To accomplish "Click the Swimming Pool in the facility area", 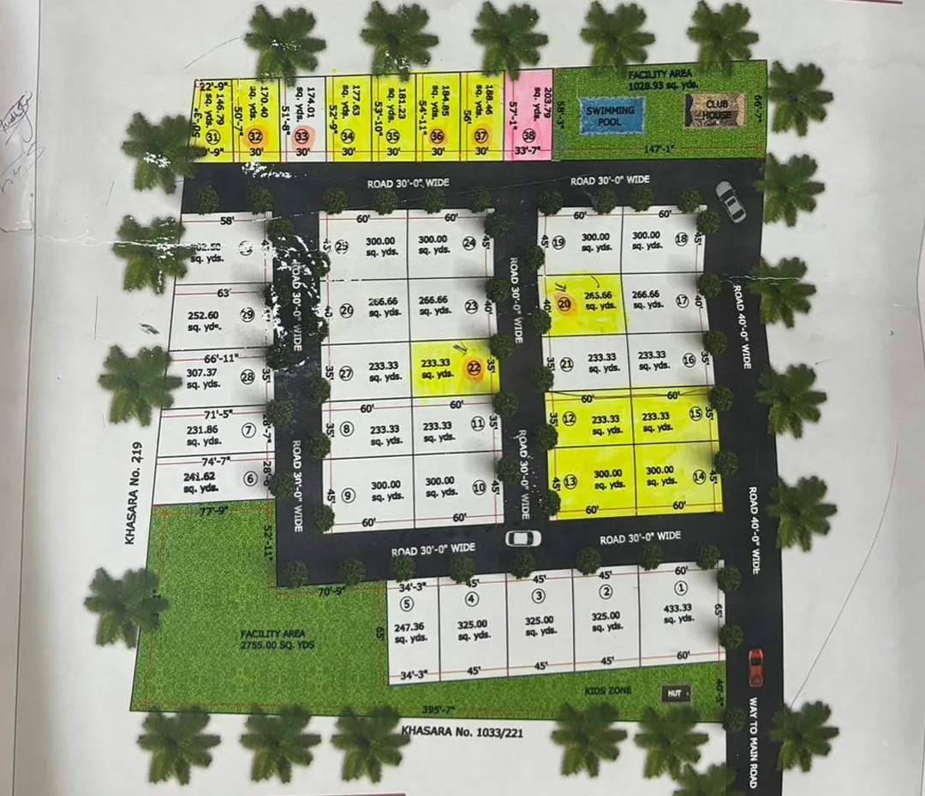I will point(611,116).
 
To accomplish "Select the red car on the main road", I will point(755,668).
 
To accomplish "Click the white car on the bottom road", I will point(522,538).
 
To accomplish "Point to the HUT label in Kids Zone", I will point(674,693).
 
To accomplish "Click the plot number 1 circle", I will point(681,588).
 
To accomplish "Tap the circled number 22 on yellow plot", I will point(474,369).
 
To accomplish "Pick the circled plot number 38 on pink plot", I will point(529,135).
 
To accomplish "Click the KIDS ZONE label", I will point(606,690).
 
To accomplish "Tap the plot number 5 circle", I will point(406,603).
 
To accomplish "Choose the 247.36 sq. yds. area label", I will point(411,632).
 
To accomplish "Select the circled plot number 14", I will point(699,476).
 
